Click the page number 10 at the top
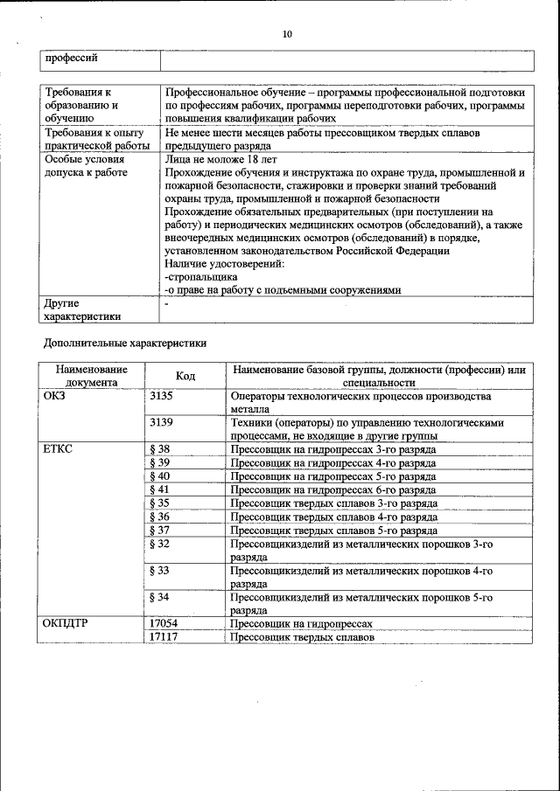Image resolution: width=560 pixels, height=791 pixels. coord(286,35)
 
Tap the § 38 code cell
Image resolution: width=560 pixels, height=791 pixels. coord(160,449)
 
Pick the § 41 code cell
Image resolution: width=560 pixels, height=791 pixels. coord(160,489)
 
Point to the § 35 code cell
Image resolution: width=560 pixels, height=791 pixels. coord(160,503)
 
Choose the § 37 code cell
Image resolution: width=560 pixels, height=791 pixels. coord(160,531)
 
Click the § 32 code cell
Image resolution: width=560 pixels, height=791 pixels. coord(160,544)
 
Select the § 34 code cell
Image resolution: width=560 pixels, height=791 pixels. coord(160,598)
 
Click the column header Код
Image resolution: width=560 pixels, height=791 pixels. coord(185,376)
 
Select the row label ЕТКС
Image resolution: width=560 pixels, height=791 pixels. coord(59,449)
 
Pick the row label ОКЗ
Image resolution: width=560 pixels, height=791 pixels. coord(54,396)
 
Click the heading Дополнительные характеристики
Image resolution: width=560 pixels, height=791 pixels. coord(125,343)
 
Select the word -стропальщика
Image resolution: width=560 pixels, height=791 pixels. coord(200,275)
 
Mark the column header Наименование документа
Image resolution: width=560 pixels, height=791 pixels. coord(91,376)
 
